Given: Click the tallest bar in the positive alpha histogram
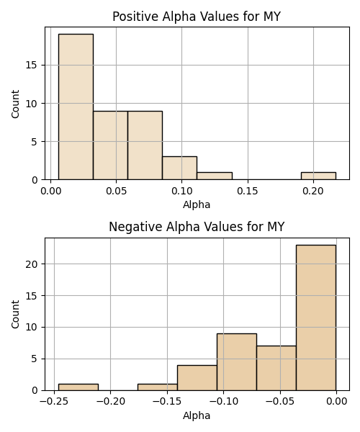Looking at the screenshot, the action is click(x=76, y=107).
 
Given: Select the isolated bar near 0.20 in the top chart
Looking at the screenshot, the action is click(x=318, y=176).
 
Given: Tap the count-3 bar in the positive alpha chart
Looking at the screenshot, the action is click(x=179, y=168).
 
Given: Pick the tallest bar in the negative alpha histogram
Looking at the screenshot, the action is click(x=316, y=318).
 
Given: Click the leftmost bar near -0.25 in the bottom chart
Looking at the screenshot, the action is click(x=78, y=387).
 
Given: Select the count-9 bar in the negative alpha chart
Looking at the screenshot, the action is click(x=237, y=362).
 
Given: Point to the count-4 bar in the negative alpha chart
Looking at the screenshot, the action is click(x=197, y=378).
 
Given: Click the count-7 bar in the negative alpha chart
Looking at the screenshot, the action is click(x=276, y=369).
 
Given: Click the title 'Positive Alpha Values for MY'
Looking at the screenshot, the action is click(x=197, y=17).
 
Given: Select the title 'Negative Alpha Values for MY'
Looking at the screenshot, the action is click(x=197, y=227).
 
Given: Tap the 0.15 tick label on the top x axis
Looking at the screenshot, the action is click(x=248, y=191).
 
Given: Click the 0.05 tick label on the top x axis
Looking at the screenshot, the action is click(x=116, y=191).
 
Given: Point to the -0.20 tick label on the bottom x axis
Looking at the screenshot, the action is click(x=110, y=402).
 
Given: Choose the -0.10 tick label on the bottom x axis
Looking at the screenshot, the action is click(x=223, y=402).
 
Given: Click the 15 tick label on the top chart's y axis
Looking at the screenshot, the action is click(x=32, y=66).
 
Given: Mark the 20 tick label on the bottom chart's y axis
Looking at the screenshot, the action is click(x=32, y=264).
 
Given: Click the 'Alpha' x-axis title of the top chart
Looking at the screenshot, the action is click(x=197, y=204).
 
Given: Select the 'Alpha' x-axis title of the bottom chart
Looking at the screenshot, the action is click(x=197, y=415).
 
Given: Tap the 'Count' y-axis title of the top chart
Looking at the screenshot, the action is click(x=15, y=104).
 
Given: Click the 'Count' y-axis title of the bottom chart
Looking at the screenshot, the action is click(x=15, y=315).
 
